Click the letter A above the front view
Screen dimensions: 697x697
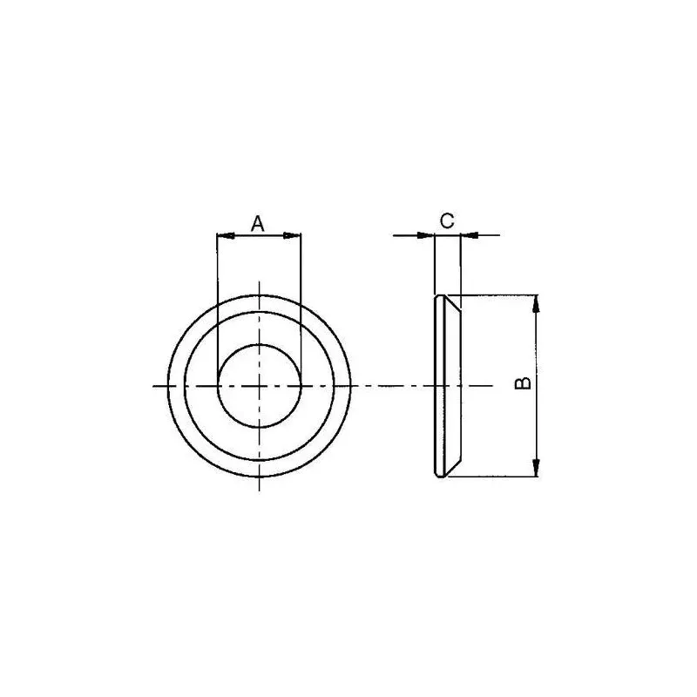point(257,224)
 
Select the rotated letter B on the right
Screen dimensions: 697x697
point(523,383)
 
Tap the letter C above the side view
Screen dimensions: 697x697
point(447,220)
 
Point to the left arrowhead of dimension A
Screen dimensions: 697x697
point(225,235)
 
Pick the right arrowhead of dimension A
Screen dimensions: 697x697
point(293,235)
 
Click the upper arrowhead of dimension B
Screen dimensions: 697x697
point(536,303)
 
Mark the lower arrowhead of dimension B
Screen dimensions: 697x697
point(536,468)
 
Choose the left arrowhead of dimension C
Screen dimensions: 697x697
point(425,235)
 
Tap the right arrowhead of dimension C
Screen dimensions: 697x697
point(470,235)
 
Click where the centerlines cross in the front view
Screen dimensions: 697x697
point(259,386)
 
